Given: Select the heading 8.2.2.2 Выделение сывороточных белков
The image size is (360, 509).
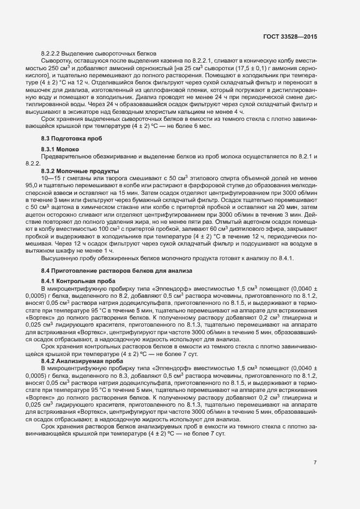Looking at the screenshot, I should tap(99, 53).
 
